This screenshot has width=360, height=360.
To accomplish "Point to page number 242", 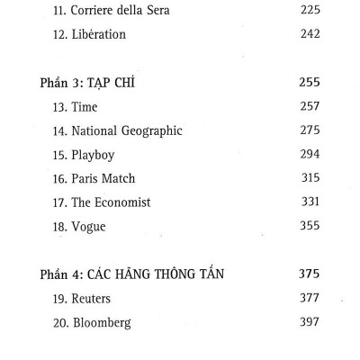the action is [x=308, y=34].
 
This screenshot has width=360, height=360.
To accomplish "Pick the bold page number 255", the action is [x=309, y=82].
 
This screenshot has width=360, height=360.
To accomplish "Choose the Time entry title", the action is [x=78, y=106].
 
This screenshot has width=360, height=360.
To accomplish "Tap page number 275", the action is [x=309, y=130].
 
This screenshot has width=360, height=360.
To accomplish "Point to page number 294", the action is [x=309, y=155].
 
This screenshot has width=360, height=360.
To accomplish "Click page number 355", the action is [x=309, y=226].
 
